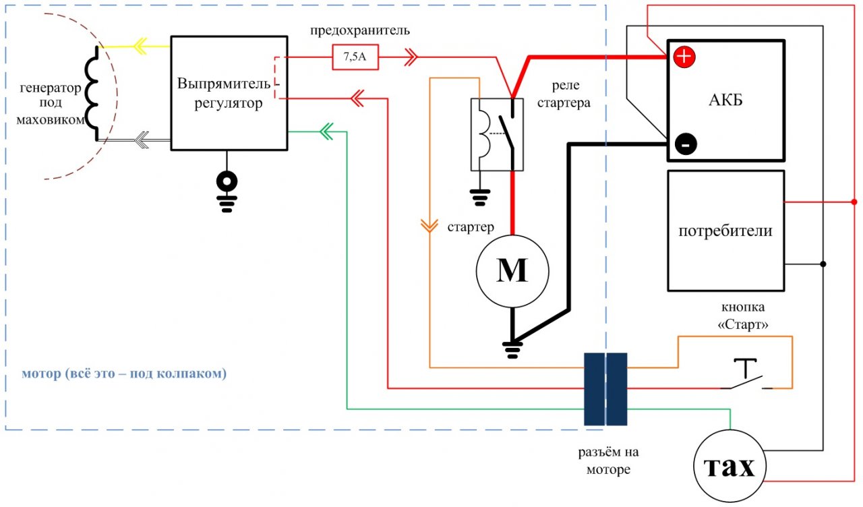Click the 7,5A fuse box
click(355, 57)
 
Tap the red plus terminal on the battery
click(684, 57)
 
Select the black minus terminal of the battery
click(686, 144)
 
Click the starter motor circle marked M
click(512, 271)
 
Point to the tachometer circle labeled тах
click(730, 466)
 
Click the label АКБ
click(726, 100)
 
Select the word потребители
click(725, 231)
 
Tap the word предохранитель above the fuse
click(360, 30)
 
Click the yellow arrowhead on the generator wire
click(141, 47)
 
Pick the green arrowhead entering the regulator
click(326, 131)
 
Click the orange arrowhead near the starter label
click(429, 226)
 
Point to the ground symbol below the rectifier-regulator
click(227, 191)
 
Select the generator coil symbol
click(92, 94)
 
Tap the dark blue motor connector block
click(605, 389)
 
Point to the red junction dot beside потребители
click(854, 202)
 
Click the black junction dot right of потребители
click(823, 264)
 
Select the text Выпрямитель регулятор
click(225, 93)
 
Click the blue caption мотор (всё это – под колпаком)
click(124, 374)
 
